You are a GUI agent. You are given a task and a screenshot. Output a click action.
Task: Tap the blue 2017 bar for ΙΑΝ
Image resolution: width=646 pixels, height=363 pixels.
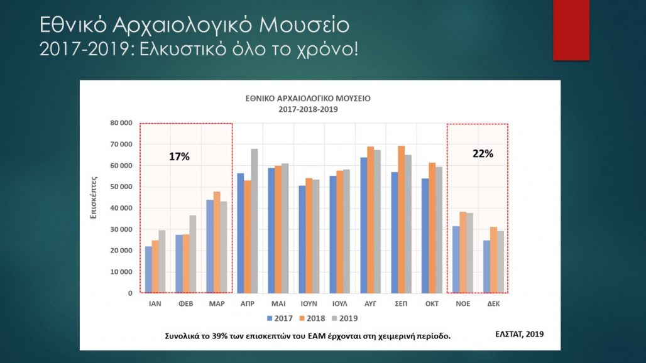(x=148, y=269)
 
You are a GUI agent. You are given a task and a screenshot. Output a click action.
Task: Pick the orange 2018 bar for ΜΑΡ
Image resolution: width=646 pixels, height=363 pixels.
(x=217, y=242)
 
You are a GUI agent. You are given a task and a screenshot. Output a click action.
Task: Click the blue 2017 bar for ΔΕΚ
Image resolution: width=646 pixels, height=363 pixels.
(x=486, y=266)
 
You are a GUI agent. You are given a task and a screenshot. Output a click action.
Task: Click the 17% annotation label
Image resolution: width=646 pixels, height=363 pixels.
(x=179, y=157)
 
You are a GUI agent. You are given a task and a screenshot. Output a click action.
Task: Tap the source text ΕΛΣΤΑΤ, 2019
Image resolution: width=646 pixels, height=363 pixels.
(x=520, y=333)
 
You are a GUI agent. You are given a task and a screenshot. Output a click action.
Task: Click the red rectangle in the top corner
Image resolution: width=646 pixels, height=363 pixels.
(x=571, y=30)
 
